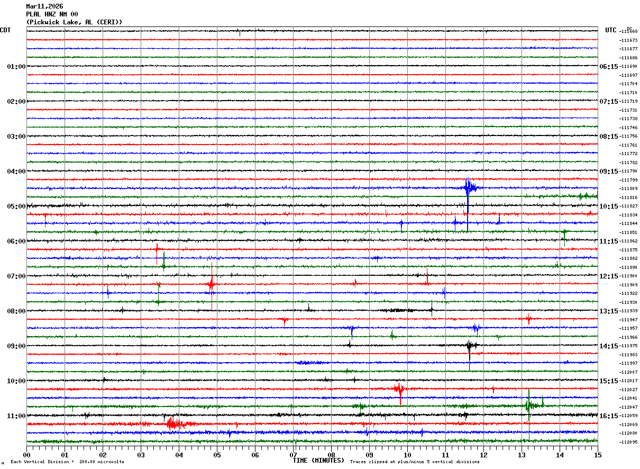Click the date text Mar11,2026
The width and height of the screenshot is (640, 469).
coord(44,6)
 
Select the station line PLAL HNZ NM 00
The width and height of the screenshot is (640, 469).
coord(52,14)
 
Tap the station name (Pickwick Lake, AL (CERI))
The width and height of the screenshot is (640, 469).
coord(74,22)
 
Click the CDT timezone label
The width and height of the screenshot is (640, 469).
coord(5,30)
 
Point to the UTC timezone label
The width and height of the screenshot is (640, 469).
coord(611,30)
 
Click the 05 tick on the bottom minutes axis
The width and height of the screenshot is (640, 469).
coord(217,455)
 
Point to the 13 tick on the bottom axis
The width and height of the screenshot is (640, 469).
coord(522,455)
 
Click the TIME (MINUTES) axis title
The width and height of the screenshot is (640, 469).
coord(318,461)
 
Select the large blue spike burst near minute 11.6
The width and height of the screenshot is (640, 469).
coord(468,188)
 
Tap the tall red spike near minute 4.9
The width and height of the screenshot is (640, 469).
coord(212,285)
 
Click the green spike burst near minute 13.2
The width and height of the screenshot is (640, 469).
coord(529,405)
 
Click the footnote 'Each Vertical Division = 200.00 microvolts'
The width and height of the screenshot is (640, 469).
coord(67,462)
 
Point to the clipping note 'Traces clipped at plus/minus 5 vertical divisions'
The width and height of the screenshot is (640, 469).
coord(415,462)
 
